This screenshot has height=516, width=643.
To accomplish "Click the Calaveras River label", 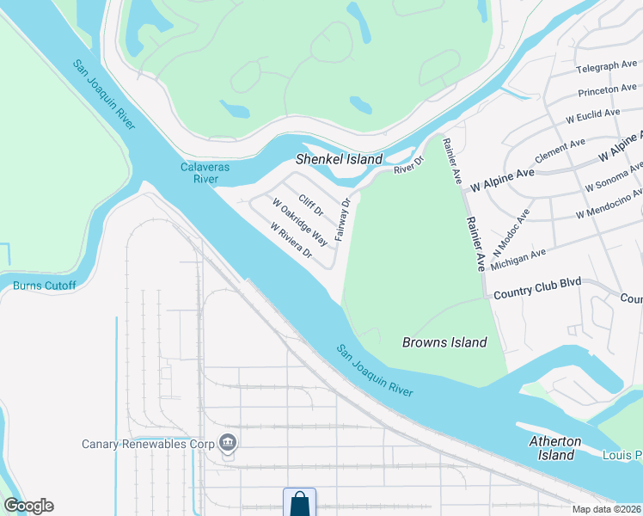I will [x=199, y=173].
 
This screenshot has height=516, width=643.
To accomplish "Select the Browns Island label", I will [x=444, y=342].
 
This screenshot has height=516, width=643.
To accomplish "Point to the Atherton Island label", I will [x=554, y=448].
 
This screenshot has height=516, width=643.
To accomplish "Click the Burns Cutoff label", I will [x=45, y=286].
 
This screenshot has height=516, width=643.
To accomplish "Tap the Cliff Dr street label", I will [x=311, y=206].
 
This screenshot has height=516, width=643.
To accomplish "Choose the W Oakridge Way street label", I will [x=300, y=222].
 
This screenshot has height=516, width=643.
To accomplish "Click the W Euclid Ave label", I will [x=592, y=114].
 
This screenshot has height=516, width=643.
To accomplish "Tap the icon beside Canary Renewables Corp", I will [x=228, y=444].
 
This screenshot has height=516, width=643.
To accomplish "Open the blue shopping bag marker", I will [x=299, y=502].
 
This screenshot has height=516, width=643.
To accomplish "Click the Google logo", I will [x=28, y=506].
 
